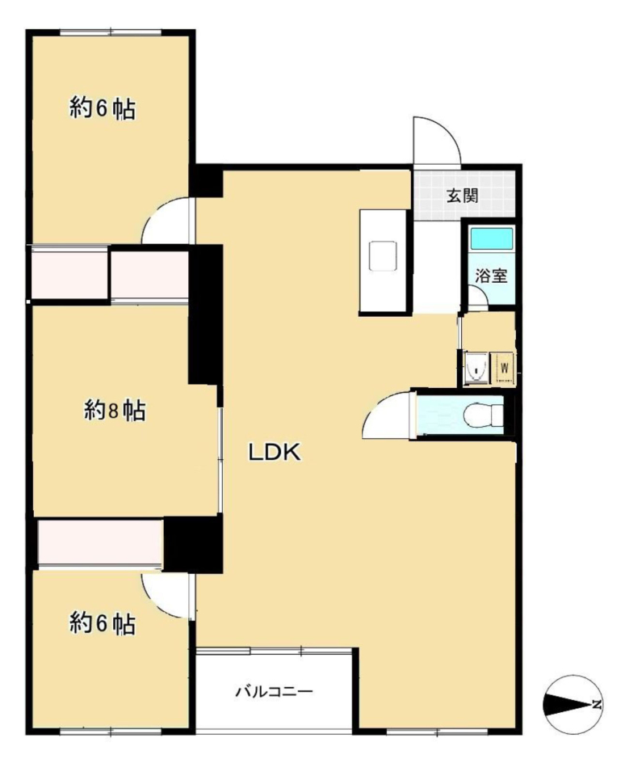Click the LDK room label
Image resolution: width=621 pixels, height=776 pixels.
tap(275, 452)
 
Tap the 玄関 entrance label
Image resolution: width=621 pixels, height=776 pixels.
tap(462, 196)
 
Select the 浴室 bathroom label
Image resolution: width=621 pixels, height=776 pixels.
tap(492, 276)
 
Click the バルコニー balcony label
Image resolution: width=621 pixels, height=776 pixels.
tap(274, 691)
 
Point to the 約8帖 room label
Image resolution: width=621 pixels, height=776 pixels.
tap(115, 411)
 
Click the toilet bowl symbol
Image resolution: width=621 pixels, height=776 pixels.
tap(484, 415)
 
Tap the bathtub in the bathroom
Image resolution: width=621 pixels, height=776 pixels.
tap(491, 238)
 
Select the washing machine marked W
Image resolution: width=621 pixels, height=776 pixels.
tap(505, 368)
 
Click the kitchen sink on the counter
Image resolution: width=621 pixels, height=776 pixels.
tap(383, 255)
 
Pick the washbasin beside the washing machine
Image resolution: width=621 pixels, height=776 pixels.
tap(476, 368)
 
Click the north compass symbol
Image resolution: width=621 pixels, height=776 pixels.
tap(573, 704)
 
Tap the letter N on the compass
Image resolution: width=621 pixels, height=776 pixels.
tap(597, 704)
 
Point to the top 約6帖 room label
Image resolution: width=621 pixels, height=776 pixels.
tap(103, 108)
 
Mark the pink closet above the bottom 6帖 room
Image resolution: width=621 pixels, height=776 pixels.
tap(100, 542)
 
